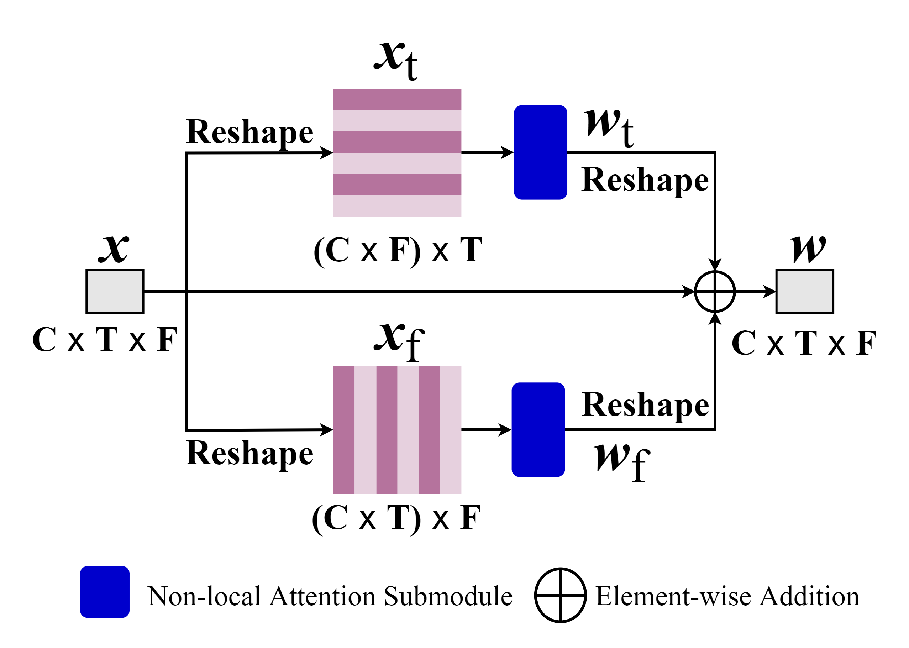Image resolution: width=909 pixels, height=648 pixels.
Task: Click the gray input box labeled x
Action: (x=115, y=291)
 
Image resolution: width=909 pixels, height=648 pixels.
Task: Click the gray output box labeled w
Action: (x=804, y=291)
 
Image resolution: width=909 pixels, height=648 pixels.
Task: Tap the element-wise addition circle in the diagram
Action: (x=714, y=291)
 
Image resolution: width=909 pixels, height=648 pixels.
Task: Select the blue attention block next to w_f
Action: (x=538, y=430)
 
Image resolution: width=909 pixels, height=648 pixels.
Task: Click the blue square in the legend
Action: (x=105, y=592)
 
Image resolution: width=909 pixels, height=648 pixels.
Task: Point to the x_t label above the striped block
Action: (x=396, y=60)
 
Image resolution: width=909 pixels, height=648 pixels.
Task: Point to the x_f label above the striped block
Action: (x=399, y=341)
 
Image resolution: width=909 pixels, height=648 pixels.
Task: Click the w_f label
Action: (x=621, y=462)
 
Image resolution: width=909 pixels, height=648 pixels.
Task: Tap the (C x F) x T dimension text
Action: (x=398, y=250)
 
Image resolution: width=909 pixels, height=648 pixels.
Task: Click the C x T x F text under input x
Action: (x=105, y=340)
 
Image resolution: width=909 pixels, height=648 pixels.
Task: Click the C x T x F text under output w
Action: (x=804, y=343)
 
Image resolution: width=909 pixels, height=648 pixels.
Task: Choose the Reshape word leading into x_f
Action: (x=250, y=453)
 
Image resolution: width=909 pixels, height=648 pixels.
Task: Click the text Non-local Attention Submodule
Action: (x=330, y=596)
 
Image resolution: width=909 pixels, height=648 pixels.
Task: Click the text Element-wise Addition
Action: (x=727, y=596)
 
